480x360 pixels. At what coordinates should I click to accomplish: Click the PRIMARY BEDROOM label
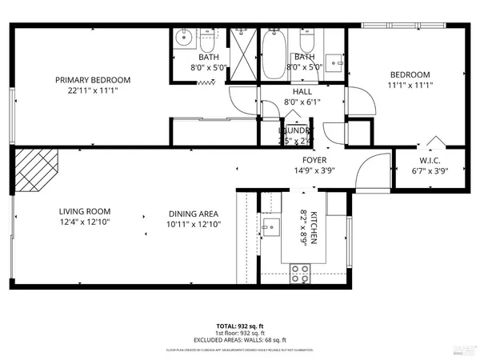[93, 80]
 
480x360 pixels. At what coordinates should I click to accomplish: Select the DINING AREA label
[194, 213]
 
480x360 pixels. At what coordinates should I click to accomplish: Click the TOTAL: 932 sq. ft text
[240, 326]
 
